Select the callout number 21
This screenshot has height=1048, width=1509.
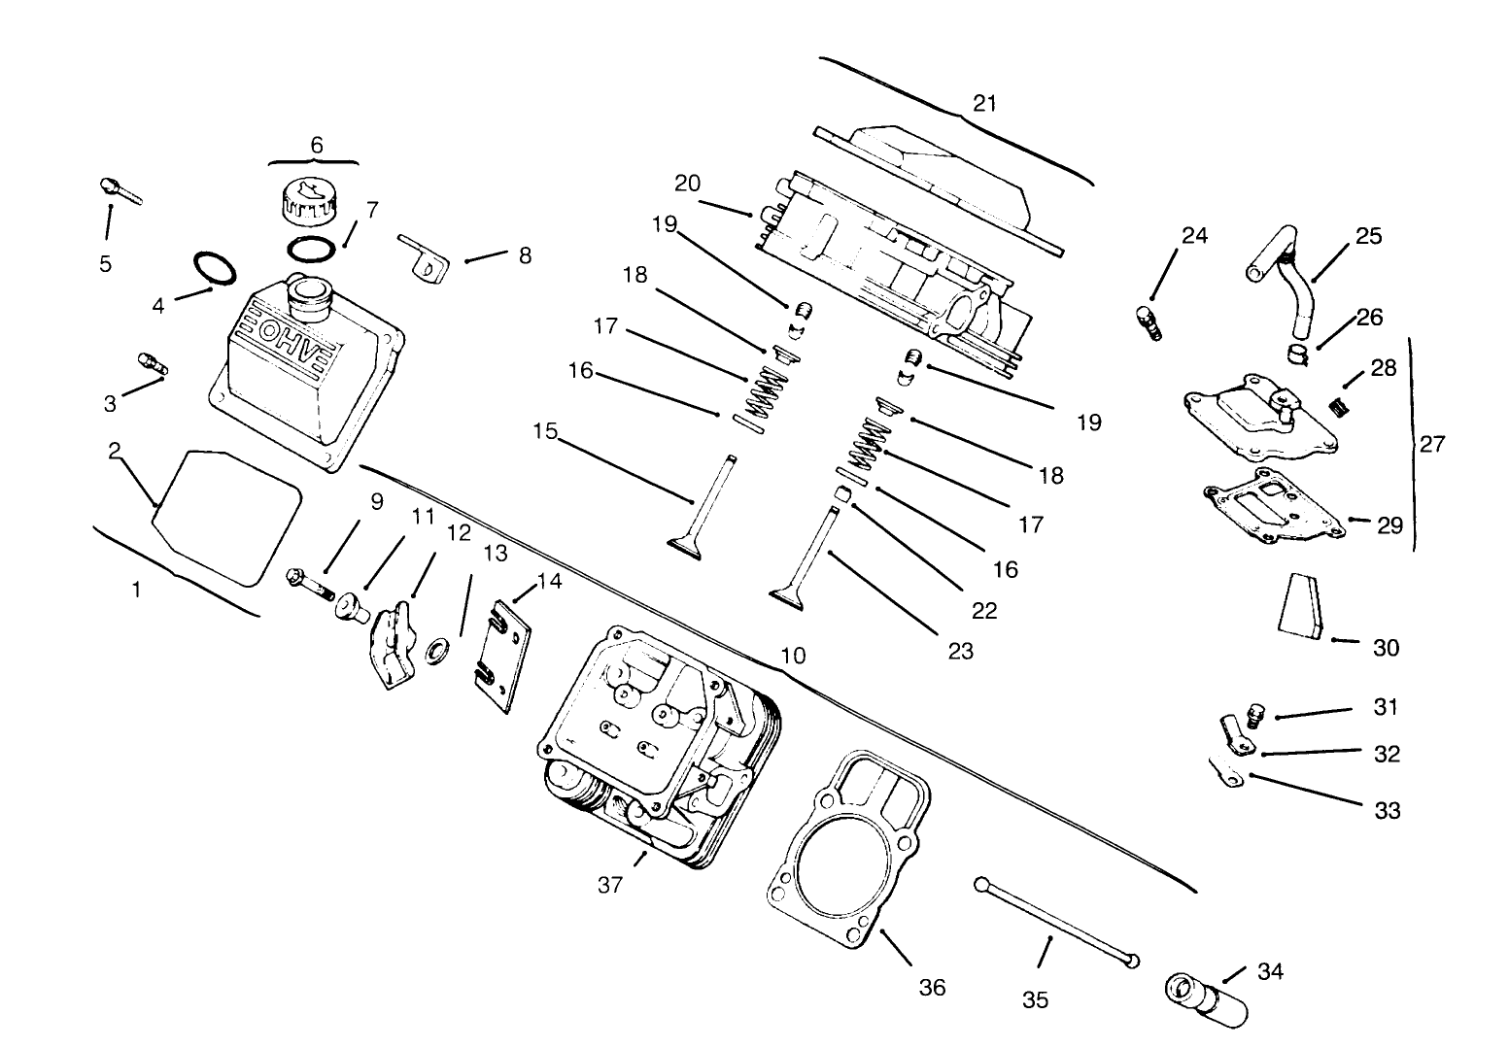coord(984,103)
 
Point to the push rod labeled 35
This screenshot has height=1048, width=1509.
coord(1055,922)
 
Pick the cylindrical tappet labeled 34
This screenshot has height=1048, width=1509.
coord(1205,1000)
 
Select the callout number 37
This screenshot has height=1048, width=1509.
coord(609,885)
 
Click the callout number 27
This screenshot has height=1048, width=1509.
coord(1431,444)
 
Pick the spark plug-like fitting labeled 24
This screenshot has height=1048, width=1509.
coord(1148,322)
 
